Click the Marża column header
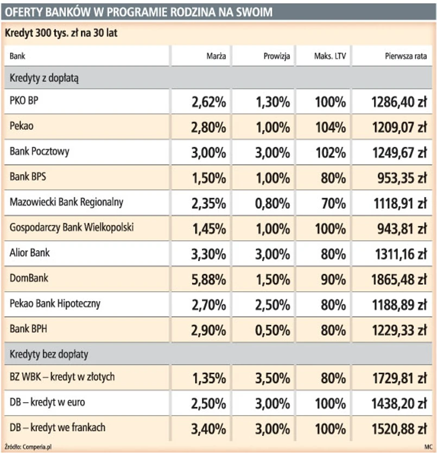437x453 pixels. coord(216,56)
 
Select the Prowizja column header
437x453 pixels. coord(277,56)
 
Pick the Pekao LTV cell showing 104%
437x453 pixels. coord(331,127)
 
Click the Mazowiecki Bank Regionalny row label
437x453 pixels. coord(66,202)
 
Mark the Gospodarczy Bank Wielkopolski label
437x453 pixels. coord(72,227)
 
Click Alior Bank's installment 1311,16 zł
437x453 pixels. coord(400,254)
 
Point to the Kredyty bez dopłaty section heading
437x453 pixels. coord(49,355)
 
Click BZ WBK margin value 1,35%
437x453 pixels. coord(209,378)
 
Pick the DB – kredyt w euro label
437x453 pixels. coord(47,403)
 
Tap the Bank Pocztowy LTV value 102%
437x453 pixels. coord(331,152)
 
